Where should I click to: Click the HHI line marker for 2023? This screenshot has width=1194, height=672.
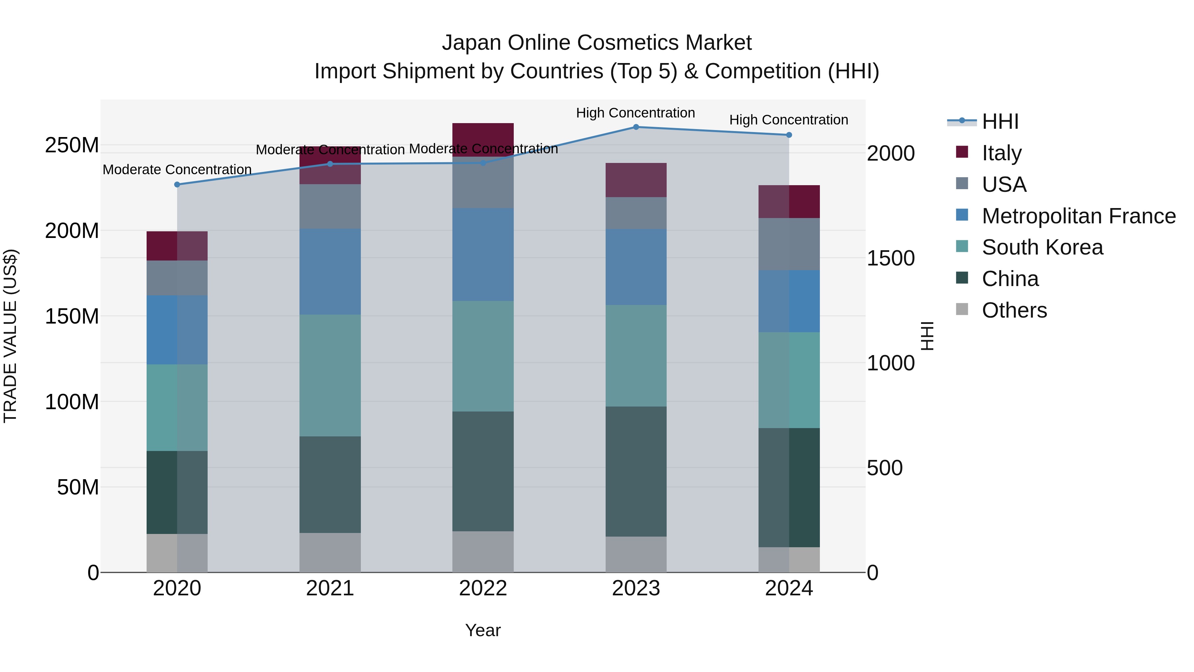click(636, 127)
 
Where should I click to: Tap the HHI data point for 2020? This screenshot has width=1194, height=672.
click(177, 185)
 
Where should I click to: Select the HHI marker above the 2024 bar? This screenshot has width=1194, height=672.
click(789, 135)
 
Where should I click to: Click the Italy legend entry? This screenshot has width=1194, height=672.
click(1001, 153)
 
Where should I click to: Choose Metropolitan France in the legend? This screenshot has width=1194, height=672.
click(1078, 216)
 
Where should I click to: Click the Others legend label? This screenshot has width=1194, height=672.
click(1014, 310)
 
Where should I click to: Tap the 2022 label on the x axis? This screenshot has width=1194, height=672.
click(483, 588)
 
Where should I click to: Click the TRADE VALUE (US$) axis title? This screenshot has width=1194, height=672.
click(11, 336)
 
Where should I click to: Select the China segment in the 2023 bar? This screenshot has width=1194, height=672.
click(636, 471)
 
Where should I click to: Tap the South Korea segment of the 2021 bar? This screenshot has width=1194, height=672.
click(330, 376)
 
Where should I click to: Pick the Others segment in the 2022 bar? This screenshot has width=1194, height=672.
click(483, 552)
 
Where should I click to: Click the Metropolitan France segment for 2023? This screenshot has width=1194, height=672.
click(636, 267)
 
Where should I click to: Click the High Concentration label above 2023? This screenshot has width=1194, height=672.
click(635, 113)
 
